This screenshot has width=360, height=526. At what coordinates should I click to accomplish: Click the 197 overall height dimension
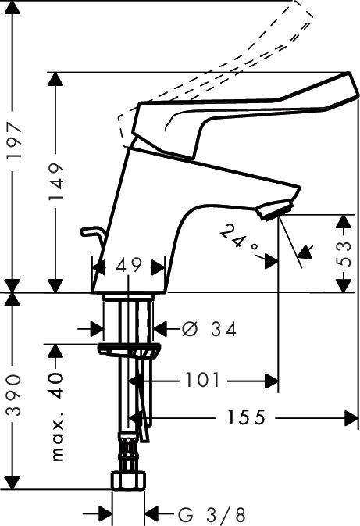[14, 141]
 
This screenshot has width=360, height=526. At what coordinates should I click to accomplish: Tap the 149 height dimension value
[56, 181]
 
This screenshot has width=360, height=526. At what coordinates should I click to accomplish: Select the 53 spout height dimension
[344, 253]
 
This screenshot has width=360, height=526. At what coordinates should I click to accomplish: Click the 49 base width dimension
[129, 266]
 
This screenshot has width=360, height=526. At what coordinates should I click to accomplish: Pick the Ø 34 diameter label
[209, 329]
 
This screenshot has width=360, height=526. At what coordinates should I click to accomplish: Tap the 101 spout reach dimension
[202, 380]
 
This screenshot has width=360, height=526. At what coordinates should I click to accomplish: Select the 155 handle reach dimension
[246, 417]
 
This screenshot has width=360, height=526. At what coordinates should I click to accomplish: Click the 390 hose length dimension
[14, 395]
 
